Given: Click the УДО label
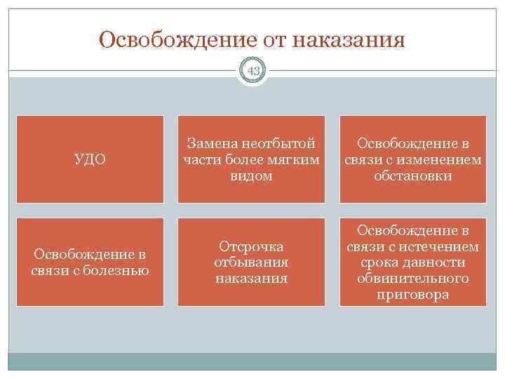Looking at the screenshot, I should [x=90, y=160].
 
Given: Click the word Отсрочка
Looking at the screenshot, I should [x=251, y=247].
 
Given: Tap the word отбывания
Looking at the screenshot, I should [x=251, y=262].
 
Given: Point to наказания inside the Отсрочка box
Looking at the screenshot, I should [x=251, y=278].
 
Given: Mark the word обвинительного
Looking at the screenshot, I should [x=412, y=279].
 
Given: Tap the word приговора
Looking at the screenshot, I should [x=412, y=295].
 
